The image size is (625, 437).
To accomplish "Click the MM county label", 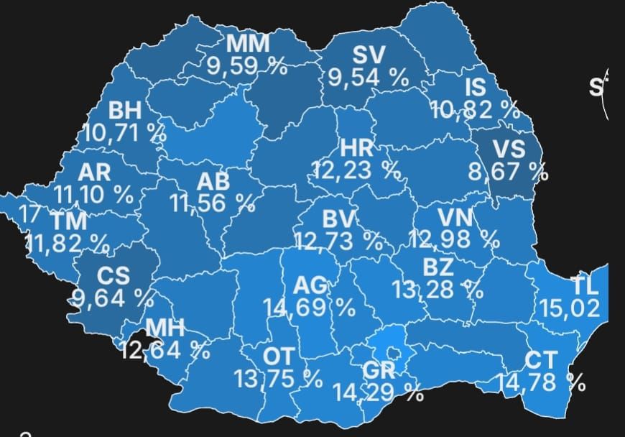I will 249,44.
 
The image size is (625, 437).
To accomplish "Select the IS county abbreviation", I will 476,88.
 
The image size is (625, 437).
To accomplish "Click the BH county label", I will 125,111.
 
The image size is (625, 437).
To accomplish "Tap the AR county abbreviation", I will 94,172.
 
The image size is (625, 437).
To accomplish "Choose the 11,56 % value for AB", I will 213,203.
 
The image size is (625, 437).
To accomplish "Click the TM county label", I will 69,222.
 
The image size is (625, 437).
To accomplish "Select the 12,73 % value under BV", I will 338,240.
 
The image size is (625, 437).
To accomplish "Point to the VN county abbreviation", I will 455,216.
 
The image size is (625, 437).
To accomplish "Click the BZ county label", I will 437,268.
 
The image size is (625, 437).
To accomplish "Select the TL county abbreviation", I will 585,285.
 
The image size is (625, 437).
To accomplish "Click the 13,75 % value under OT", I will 277,378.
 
